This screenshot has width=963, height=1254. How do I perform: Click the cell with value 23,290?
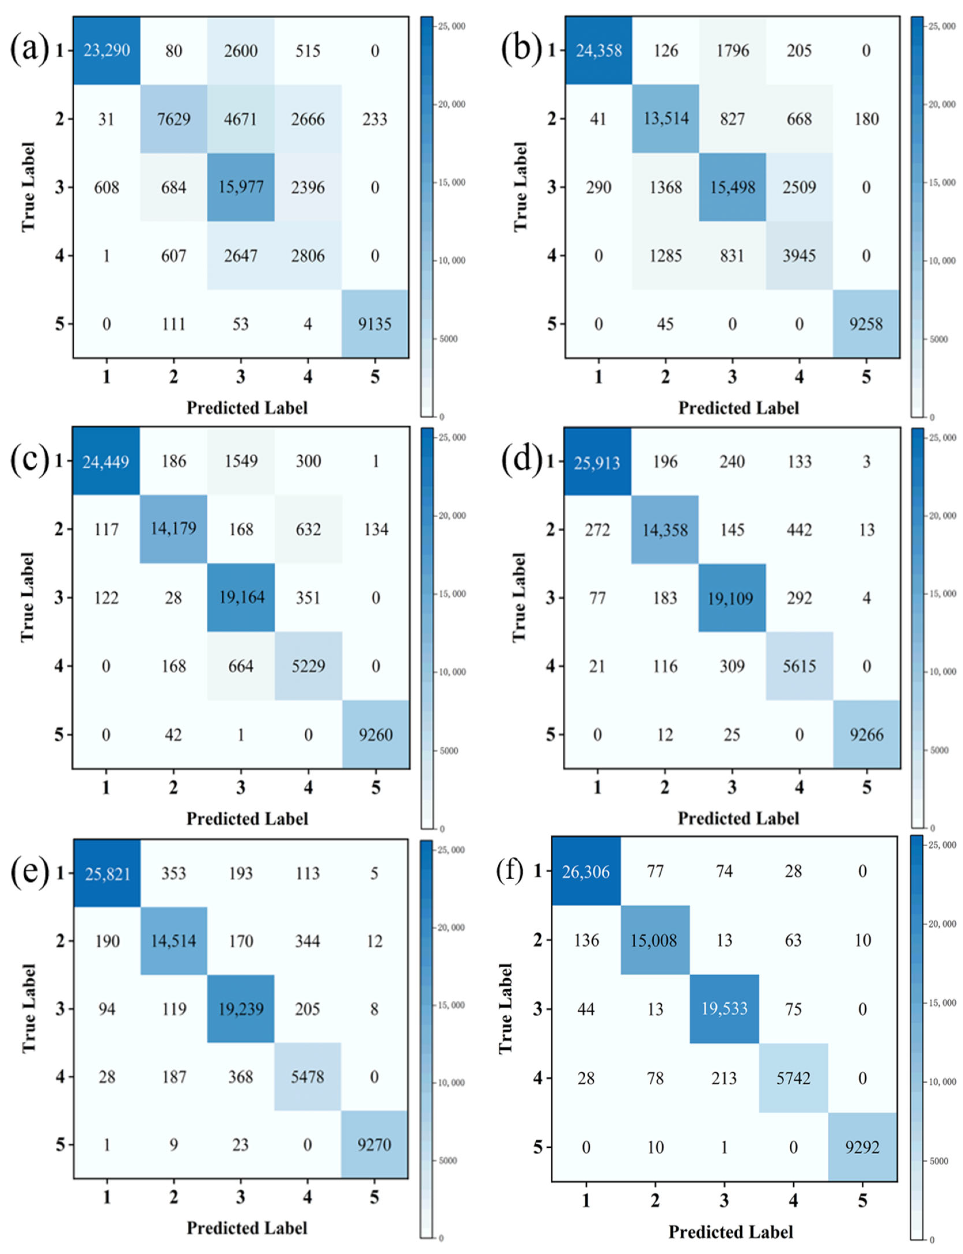click(x=107, y=50)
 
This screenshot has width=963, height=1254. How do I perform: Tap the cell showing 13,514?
click(x=666, y=119)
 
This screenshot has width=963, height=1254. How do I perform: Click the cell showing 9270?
click(x=374, y=1145)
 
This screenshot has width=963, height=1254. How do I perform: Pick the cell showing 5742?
click(x=793, y=1079)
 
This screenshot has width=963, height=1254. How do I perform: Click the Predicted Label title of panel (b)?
click(x=738, y=408)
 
